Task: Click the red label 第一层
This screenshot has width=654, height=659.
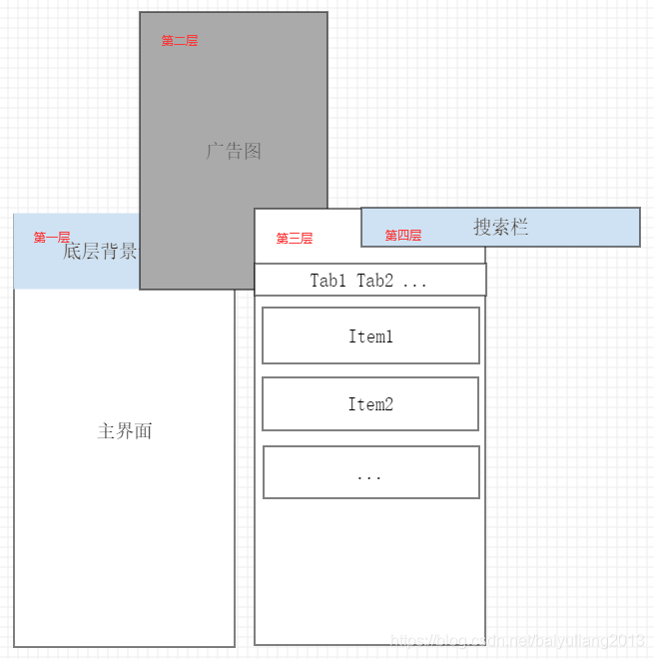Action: (52, 238)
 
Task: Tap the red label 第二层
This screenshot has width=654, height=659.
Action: (180, 41)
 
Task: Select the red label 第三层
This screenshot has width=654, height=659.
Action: (295, 239)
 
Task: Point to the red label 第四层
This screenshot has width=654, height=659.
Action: (403, 236)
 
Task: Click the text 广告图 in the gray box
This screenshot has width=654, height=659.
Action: (234, 151)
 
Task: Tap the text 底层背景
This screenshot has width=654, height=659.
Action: (100, 251)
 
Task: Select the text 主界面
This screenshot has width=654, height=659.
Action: (125, 431)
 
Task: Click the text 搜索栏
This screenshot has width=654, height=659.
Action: (500, 227)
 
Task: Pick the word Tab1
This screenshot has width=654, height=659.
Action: (328, 281)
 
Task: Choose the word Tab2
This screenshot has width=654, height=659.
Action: (375, 281)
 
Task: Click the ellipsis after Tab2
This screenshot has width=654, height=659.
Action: (414, 282)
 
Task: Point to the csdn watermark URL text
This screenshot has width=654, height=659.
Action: (517, 640)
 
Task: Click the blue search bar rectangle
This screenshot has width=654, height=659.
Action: (579, 228)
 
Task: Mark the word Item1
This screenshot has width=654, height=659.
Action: (370, 336)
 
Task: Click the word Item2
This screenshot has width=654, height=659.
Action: (370, 404)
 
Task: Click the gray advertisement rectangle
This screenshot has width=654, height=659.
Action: (234, 100)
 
